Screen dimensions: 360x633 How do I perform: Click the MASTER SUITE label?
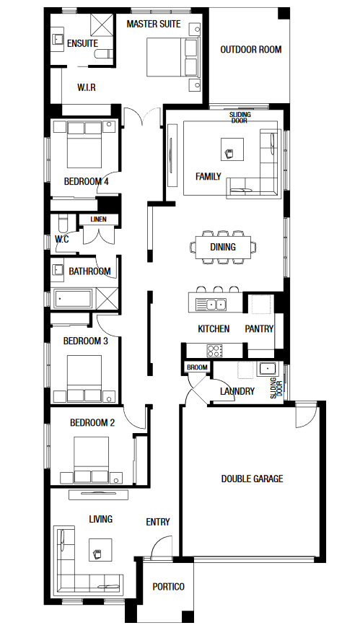tap(154, 25)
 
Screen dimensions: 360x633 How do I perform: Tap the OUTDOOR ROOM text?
tap(251, 50)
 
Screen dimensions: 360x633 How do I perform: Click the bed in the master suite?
tap(173, 57)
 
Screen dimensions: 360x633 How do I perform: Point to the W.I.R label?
tap(87, 87)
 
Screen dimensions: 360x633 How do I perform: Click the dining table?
tap(223, 247)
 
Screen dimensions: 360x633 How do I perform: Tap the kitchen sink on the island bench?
tap(211, 305)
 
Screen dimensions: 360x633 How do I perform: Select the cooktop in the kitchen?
tap(215, 350)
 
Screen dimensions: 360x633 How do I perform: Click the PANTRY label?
tap(259, 329)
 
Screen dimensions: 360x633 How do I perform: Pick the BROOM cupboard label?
tap(198, 367)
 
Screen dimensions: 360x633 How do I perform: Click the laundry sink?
tap(267, 369)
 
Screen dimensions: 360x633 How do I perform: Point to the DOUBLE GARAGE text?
tap(253, 479)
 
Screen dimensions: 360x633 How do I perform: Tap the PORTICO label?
tap(169, 587)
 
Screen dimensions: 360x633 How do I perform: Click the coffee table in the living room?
tap(100, 549)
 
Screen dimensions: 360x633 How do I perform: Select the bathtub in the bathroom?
tap(73, 299)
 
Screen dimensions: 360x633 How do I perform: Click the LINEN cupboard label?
tap(98, 219)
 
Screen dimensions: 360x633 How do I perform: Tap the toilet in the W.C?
tap(63, 223)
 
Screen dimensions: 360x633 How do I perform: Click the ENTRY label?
tap(158, 522)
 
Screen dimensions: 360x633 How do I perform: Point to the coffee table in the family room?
tap(232, 149)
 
